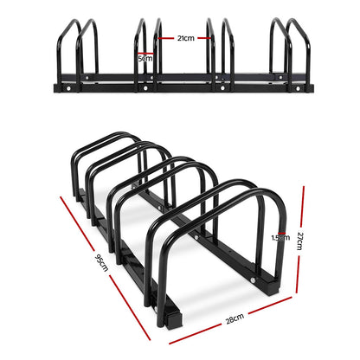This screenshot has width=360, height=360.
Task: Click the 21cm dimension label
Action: click(184, 38)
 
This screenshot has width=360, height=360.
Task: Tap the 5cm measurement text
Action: click(145, 59)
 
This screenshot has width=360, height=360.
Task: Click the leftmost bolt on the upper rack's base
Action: click(61, 87)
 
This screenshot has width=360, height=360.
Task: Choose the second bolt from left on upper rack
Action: click(144, 87)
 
